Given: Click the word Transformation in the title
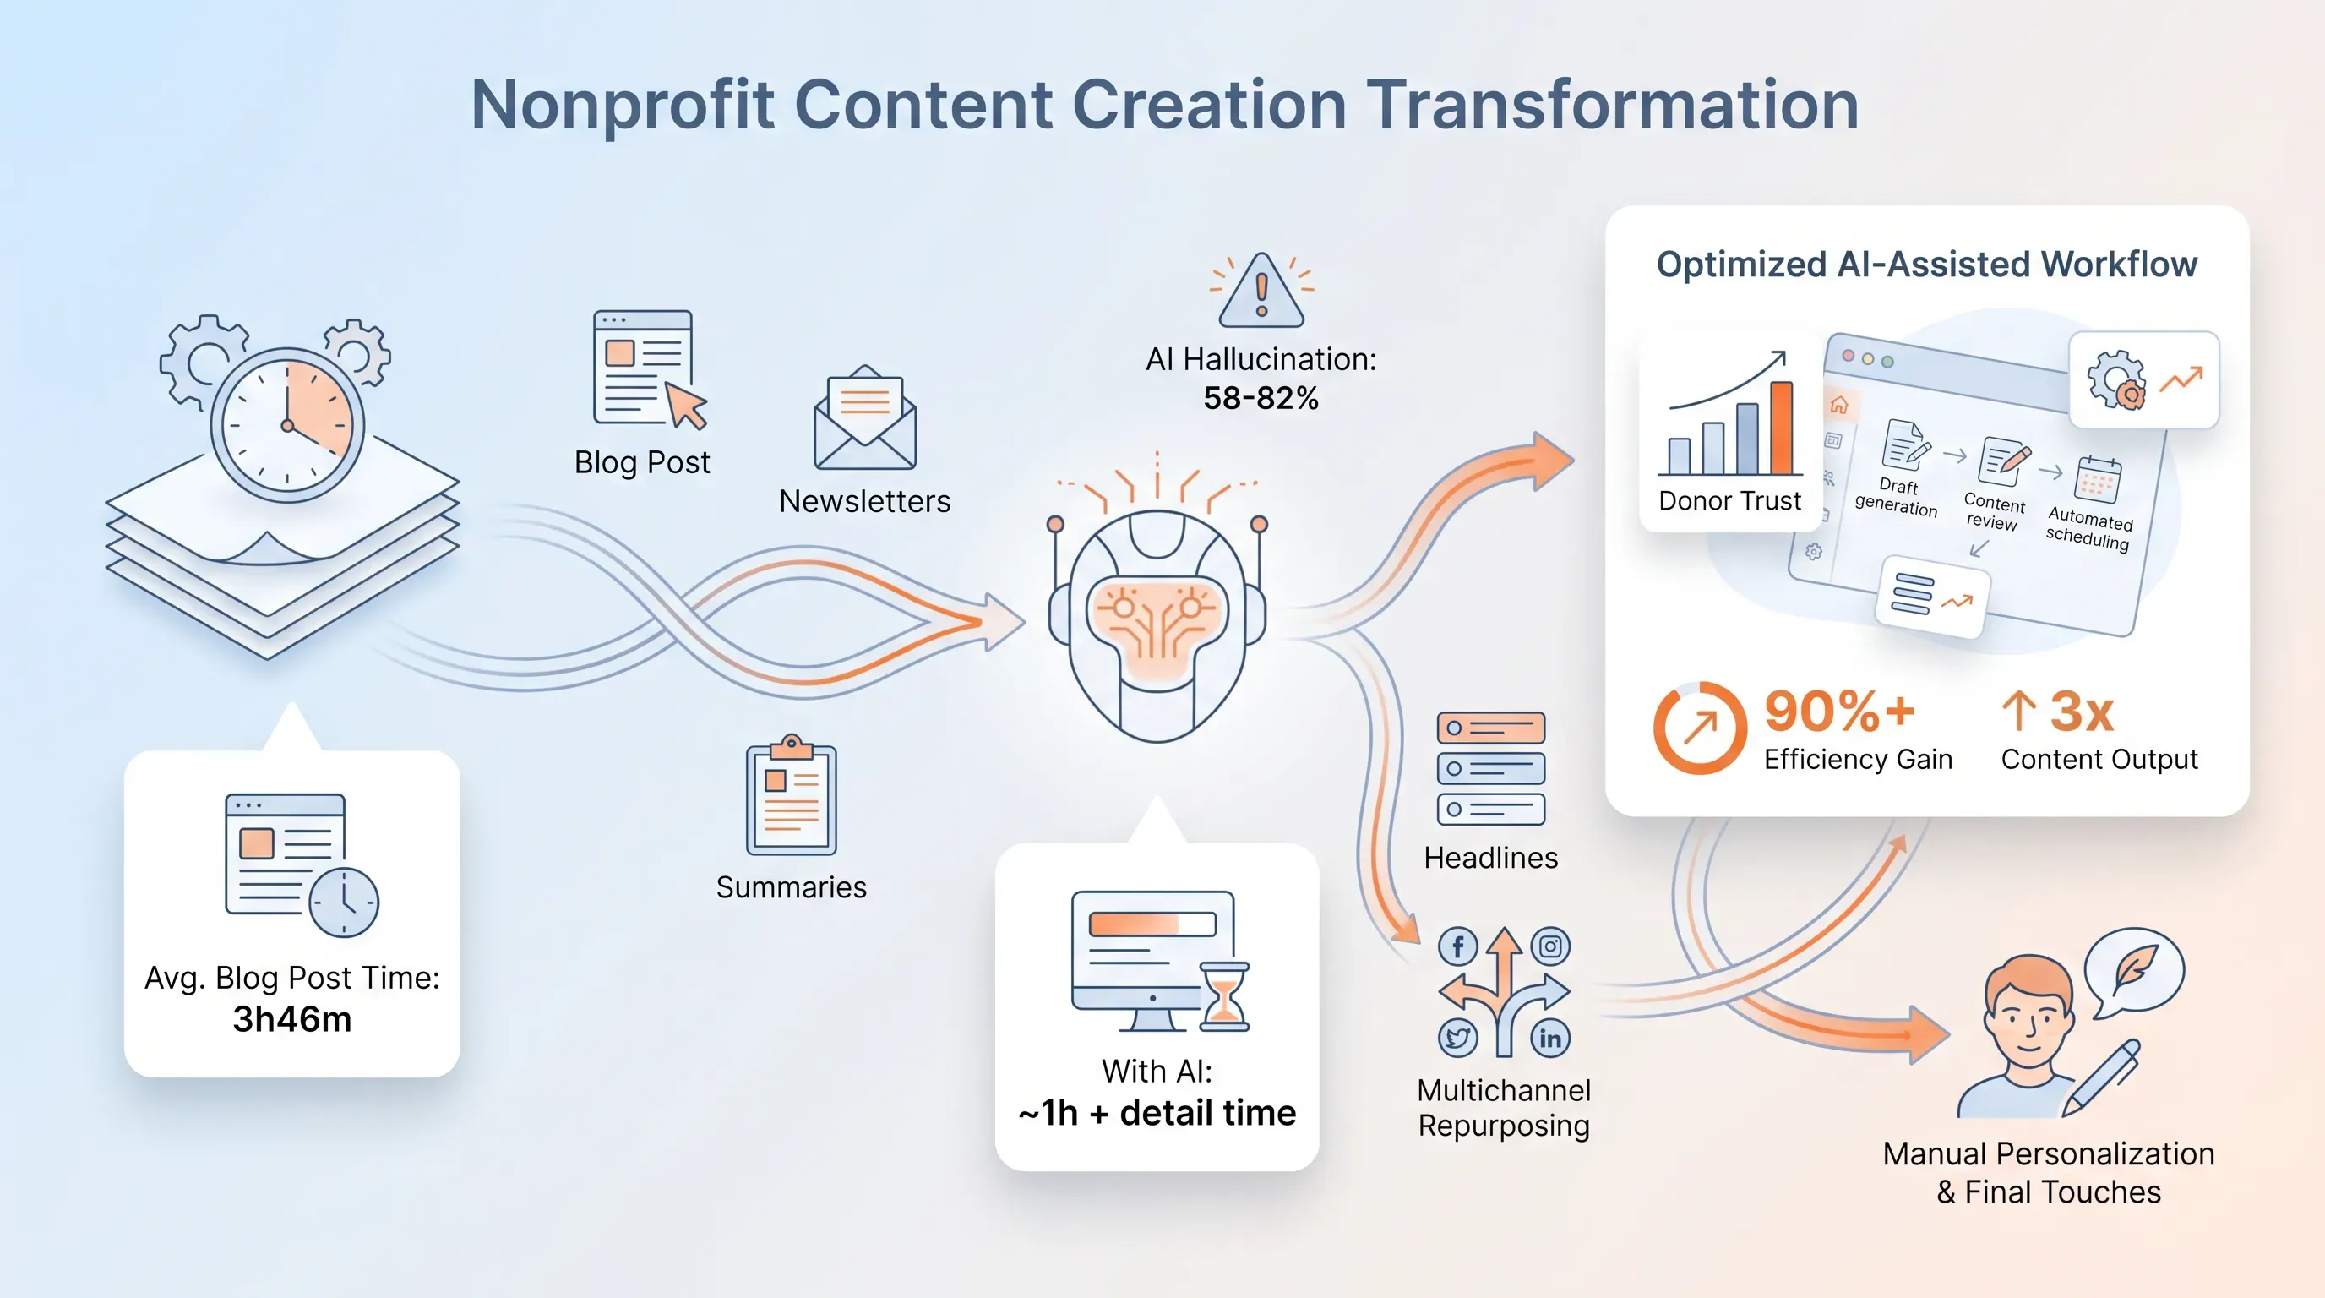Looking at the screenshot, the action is [1612, 105].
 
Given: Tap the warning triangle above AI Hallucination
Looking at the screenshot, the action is [1261, 291].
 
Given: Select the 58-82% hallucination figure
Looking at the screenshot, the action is [1261, 398].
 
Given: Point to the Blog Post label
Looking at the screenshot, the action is [642, 462].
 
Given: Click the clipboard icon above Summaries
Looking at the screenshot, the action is [792, 794].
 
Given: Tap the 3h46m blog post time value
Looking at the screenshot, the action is [291, 1019].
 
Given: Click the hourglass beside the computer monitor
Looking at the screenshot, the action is [1224, 996].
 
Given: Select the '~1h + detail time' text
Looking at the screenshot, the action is [1157, 1113].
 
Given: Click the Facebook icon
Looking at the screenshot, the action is [1457, 946].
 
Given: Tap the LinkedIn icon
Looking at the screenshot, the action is [1550, 1038].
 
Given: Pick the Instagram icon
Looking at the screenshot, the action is [1550, 946].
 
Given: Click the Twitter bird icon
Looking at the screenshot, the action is [1457, 1038].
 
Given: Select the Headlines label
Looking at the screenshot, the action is [1491, 858].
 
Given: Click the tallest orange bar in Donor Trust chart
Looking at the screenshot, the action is [1781, 428].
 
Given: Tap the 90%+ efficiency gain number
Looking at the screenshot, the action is [1839, 712].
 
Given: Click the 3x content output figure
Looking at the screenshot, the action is [2082, 712].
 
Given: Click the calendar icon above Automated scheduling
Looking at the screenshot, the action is [2099, 479].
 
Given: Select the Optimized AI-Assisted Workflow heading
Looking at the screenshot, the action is [1927, 265].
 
